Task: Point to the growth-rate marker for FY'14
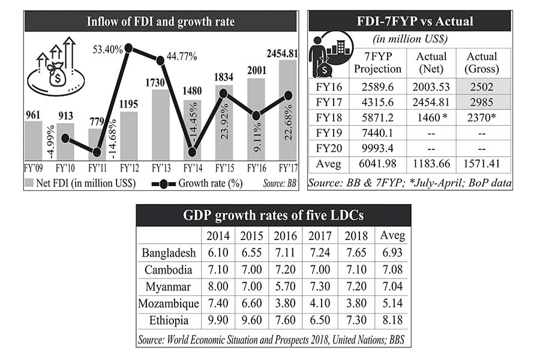pyautogui.click(x=192, y=152)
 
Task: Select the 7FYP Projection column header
pyautogui.click(x=377, y=62)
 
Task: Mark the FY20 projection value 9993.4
pyautogui.click(x=377, y=148)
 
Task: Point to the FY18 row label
pyautogui.click(x=327, y=117)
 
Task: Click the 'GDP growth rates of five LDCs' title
pyautogui.click(x=274, y=215)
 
